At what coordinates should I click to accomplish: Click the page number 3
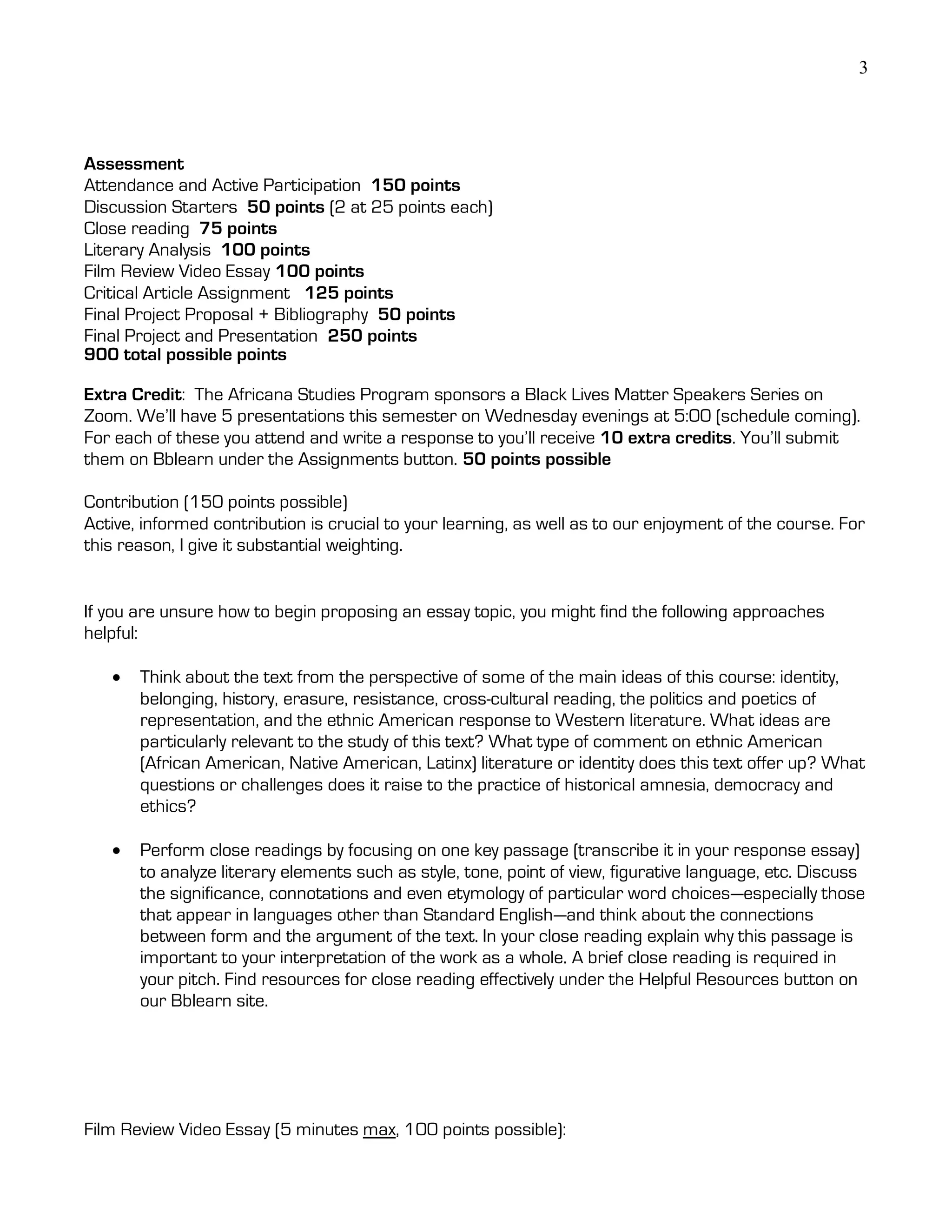coord(863,68)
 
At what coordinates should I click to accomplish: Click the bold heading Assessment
coord(134,164)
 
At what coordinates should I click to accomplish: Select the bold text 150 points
coord(416,185)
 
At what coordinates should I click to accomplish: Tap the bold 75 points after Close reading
coord(238,228)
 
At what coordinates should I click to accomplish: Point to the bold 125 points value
coord(349,293)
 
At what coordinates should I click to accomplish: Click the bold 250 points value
coord(372,336)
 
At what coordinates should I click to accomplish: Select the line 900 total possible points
coord(185,355)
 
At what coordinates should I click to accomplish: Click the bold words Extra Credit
coord(133,394)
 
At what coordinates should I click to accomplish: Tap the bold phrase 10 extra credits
coord(666,438)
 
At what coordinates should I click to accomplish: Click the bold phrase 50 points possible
coord(536,459)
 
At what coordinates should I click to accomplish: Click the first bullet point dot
coord(117,677)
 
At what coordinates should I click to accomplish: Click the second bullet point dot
coord(117,850)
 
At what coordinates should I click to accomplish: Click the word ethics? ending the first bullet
coord(167,806)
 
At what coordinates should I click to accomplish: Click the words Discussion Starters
coord(160,207)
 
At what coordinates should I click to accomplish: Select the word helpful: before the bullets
coord(111,634)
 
